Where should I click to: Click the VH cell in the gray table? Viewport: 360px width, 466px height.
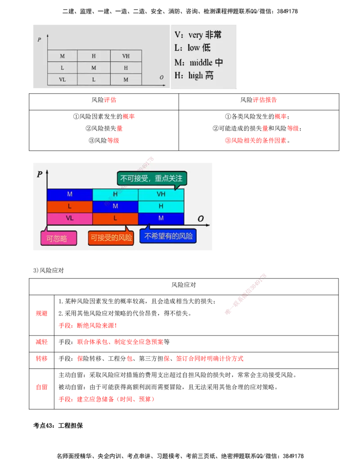[x=126, y=56]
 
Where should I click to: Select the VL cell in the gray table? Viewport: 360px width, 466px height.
[x=62, y=79]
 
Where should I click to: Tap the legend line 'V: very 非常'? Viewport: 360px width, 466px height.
[x=198, y=35]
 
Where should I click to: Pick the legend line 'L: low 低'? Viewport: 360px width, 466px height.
[x=193, y=48]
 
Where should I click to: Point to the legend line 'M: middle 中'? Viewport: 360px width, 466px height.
[x=199, y=62]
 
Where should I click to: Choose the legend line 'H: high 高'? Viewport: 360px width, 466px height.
[x=194, y=76]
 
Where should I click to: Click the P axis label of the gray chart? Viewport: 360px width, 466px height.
[x=40, y=40]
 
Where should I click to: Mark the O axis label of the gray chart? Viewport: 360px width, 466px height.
[x=162, y=77]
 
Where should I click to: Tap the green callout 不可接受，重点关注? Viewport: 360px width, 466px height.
[x=153, y=178]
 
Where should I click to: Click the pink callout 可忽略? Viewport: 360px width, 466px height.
[x=58, y=238]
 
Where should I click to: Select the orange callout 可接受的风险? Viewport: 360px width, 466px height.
[x=111, y=237]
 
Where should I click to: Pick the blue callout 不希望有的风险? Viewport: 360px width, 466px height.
[x=168, y=236]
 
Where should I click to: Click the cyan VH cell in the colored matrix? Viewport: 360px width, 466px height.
[x=161, y=195]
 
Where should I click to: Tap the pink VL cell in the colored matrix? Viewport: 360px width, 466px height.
[x=70, y=218]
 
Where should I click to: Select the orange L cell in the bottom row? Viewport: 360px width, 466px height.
[x=115, y=218]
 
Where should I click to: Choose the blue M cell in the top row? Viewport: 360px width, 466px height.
[x=70, y=195]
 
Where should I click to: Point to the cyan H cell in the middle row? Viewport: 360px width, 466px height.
[x=161, y=206]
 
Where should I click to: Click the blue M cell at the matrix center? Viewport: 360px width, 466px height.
[x=115, y=206]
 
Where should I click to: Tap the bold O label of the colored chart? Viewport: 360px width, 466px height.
[x=201, y=219]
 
